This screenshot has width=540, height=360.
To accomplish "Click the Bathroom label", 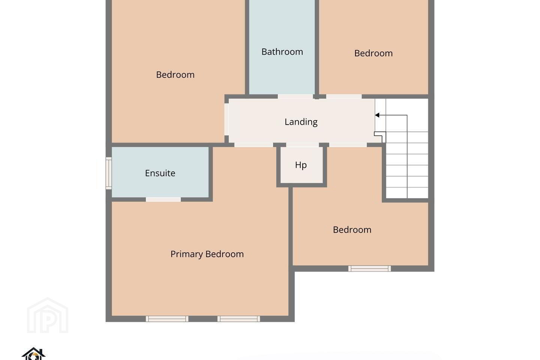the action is pyautogui.click(x=282, y=52).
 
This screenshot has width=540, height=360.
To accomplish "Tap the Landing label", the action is pyautogui.click(x=301, y=122).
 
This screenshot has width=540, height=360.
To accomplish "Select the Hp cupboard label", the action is pyautogui.click(x=301, y=165).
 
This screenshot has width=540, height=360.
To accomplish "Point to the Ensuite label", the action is pyautogui.click(x=160, y=173).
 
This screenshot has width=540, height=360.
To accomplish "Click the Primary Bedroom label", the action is pyautogui.click(x=207, y=254).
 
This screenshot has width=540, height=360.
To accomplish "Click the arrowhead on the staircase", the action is pyautogui.click(x=377, y=115).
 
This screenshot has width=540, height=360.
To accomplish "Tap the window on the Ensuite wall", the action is pyautogui.click(x=109, y=173).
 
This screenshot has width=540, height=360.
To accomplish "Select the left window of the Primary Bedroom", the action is pyautogui.click(x=167, y=319).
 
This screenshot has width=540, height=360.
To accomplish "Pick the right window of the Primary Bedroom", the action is pyautogui.click(x=238, y=319).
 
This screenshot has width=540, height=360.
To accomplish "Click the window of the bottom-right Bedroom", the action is pyautogui.click(x=370, y=268).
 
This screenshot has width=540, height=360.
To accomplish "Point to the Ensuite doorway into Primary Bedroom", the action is pyautogui.click(x=163, y=199).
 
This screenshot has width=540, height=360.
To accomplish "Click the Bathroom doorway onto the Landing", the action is pyautogui.click(x=295, y=96).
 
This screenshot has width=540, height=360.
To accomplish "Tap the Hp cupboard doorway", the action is pyautogui.click(x=303, y=145).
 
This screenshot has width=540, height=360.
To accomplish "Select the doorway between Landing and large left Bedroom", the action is pyautogui.click(x=226, y=119).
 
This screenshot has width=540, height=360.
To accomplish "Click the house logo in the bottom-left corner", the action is pyautogui.click(x=33, y=354).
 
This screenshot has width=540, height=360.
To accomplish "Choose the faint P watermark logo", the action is pyautogui.click(x=48, y=315).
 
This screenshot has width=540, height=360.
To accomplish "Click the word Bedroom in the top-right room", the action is pyautogui.click(x=373, y=53).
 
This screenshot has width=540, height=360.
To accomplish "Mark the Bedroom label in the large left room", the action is pyautogui.click(x=175, y=75).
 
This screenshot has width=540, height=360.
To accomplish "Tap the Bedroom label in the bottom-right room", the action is pyautogui.click(x=352, y=230).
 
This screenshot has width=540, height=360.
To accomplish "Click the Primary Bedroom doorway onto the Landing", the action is pyautogui.click(x=253, y=145).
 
